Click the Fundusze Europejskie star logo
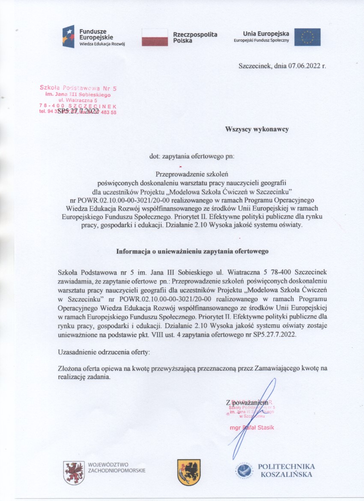pyautogui.click(x=68, y=36)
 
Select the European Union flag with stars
pyautogui.click(x=307, y=37)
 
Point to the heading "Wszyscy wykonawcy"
pyautogui.click(x=257, y=128)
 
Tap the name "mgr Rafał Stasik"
pyautogui.click(x=251, y=428)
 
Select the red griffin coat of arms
pyautogui.click(x=73, y=473)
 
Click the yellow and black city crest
pyautogui.click(x=189, y=472)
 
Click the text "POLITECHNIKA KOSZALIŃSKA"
pyautogui.click(x=286, y=470)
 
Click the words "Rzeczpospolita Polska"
pyautogui.click(x=195, y=37)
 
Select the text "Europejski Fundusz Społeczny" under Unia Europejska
pyautogui.click(x=261, y=40)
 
